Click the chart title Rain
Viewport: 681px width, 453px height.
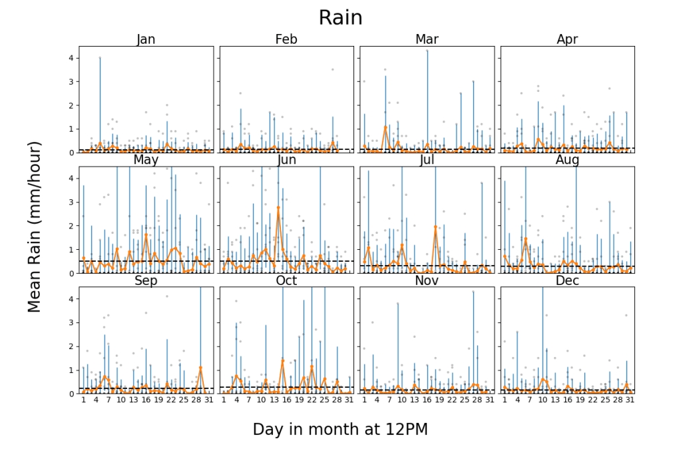tap(340, 17)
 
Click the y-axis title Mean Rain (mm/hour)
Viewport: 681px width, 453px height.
tap(35, 226)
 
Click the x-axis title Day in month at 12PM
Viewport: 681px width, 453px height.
tap(340, 430)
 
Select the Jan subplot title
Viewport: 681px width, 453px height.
tap(146, 39)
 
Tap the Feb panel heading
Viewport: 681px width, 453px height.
tap(286, 39)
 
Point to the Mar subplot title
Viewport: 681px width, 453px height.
tap(427, 39)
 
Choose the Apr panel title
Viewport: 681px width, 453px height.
tap(567, 39)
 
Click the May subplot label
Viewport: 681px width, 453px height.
tap(146, 160)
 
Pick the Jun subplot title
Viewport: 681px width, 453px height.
tap(286, 160)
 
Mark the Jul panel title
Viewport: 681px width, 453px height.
tap(427, 160)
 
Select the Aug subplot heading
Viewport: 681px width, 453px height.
tap(567, 160)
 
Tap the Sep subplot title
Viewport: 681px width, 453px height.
tap(146, 280)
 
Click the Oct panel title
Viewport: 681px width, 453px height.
tap(286, 280)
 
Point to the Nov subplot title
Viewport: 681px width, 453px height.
tap(427, 280)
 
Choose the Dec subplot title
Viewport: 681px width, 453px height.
tap(567, 280)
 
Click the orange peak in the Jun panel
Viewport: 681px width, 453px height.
tap(278, 207)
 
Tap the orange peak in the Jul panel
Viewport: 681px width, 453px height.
tap(435, 226)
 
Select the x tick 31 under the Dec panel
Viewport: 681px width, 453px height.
tap(630, 400)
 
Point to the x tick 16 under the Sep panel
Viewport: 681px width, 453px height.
tap(146, 400)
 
